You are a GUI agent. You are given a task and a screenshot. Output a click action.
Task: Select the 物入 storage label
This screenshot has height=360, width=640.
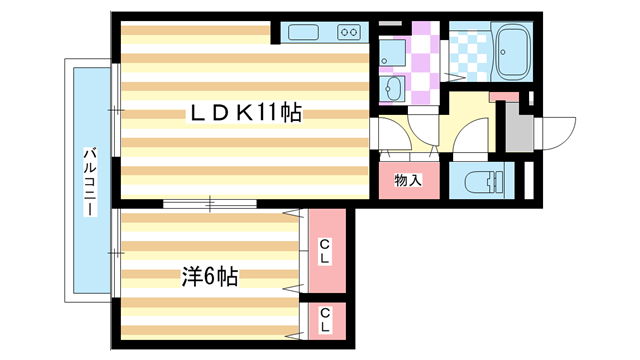[406, 181]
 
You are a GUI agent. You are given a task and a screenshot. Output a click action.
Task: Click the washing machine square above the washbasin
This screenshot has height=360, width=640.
[392, 50]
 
